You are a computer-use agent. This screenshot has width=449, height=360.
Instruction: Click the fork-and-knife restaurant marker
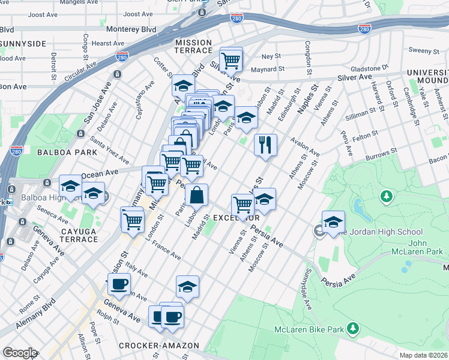coord(265,145)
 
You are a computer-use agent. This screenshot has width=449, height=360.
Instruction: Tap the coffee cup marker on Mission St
coord(118,284)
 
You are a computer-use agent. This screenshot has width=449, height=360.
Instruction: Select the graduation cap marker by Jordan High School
coord(333,221)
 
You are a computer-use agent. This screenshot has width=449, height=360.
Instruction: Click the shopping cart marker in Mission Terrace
coord(231,59)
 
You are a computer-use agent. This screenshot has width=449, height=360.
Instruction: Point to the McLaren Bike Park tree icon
coord(354,328)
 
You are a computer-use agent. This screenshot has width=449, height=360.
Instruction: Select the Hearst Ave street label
coord(108,43)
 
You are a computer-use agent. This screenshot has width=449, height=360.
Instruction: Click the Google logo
coord(20,353)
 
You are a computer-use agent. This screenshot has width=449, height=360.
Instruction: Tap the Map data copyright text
coord(424,355)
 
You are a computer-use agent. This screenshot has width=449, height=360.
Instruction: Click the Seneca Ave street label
coord(45,208)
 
